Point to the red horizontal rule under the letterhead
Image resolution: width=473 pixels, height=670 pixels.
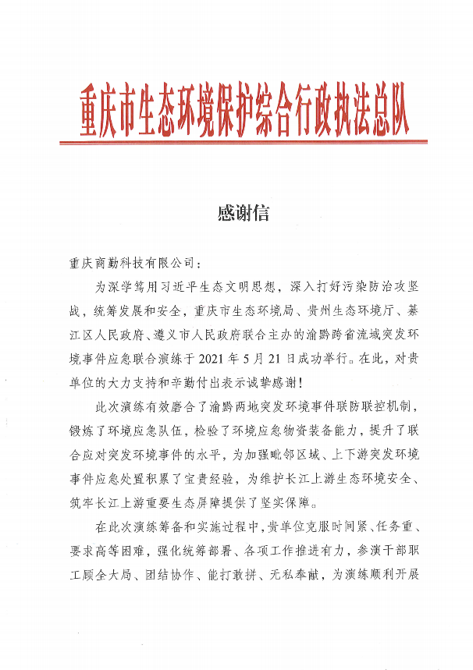coord(244,142)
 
